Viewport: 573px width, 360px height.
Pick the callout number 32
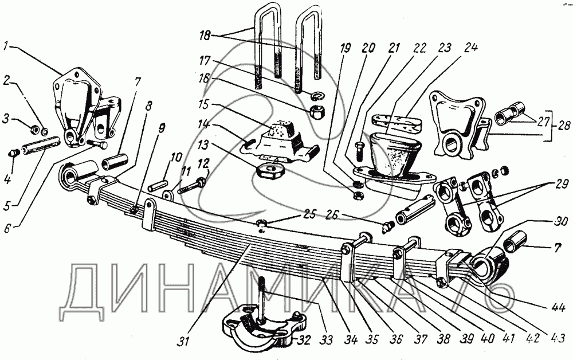(304, 340)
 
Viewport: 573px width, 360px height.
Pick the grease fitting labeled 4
(14, 152)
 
